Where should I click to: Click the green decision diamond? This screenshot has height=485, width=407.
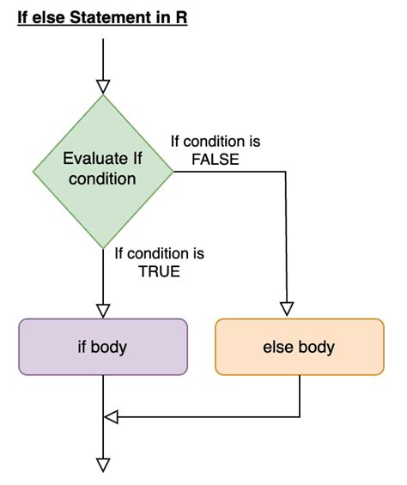pos(103,172)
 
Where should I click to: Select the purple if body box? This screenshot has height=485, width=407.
pos(103,347)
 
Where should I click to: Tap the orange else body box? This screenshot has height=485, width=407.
pos(300,347)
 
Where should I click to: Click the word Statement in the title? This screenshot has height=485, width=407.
pos(111,17)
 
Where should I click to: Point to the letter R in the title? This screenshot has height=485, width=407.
pos(182,17)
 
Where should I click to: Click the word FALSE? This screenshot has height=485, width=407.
pos(216,160)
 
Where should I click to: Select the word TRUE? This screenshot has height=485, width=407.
pos(160,271)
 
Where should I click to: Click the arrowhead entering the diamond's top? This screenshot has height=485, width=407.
pos(103,87)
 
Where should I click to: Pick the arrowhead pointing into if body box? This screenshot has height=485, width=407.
pos(103,311)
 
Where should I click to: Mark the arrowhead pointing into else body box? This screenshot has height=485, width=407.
pos(287,309)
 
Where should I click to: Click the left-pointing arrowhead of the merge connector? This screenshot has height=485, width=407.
pos(111,417)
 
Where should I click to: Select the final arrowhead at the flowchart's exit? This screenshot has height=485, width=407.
pos(103,465)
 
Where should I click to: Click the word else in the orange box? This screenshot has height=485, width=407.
pos(277,347)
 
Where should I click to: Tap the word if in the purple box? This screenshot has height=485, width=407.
pos(82,347)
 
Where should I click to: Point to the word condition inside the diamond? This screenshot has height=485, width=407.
pos(102,179)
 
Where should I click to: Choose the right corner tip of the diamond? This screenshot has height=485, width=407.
pos(173,172)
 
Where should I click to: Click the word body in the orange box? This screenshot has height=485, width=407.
pos(316,348)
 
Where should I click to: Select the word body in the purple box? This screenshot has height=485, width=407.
pos(109,348)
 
